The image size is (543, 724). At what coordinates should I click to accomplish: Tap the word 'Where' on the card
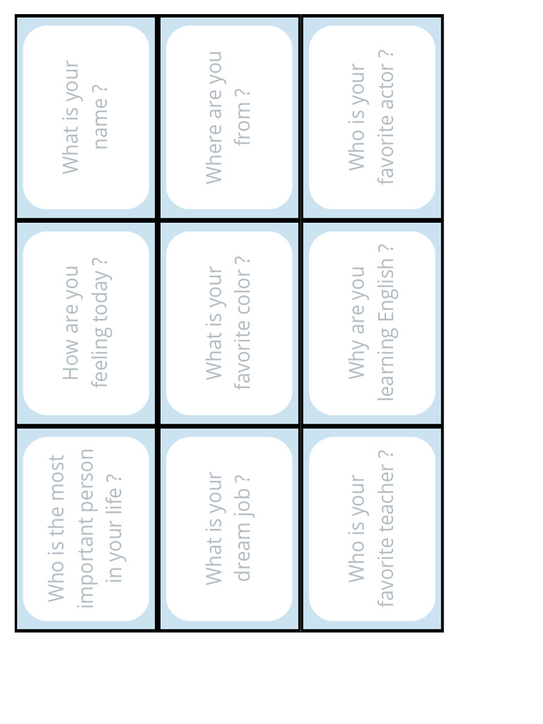[x=214, y=159]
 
